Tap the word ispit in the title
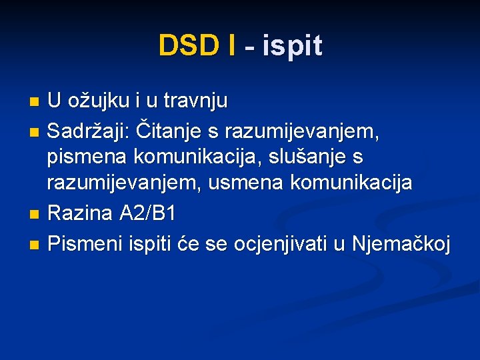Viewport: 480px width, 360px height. [293, 46]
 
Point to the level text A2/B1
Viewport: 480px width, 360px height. [147, 213]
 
